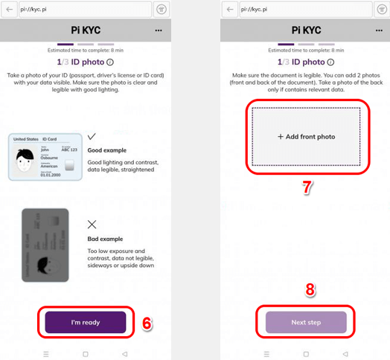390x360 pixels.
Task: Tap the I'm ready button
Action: (x=85, y=322)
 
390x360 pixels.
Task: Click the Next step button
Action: (x=306, y=322)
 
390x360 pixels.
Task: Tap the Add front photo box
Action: (x=306, y=137)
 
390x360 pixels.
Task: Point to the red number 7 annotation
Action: (x=305, y=187)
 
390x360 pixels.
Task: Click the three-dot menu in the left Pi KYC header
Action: (x=159, y=30)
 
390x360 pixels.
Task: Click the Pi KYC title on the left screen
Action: (x=86, y=30)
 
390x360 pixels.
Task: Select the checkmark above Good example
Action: (x=92, y=137)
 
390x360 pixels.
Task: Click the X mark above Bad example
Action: (x=92, y=223)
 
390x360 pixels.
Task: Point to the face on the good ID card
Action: (x=26, y=160)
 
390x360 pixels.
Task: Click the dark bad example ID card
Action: (x=45, y=244)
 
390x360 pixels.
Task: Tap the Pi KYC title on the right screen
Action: (x=305, y=30)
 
